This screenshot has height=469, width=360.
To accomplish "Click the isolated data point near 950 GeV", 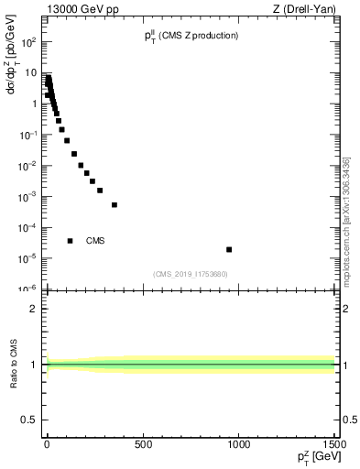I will (x=229, y=249).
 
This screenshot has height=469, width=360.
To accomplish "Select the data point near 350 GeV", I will (x=115, y=204).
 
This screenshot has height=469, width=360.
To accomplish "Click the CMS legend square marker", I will (x=70, y=241).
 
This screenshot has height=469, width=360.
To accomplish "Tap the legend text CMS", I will (x=96, y=241).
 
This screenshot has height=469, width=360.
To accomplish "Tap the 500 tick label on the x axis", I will (x=142, y=444).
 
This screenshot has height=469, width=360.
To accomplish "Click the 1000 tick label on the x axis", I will (x=239, y=444).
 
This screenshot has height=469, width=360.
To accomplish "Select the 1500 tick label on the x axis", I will (x=333, y=444).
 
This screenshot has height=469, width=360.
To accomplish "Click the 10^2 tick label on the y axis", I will (x=29, y=42).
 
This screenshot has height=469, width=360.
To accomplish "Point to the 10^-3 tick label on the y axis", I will (x=29, y=196).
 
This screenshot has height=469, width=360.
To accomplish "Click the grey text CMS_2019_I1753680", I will (x=190, y=274).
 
